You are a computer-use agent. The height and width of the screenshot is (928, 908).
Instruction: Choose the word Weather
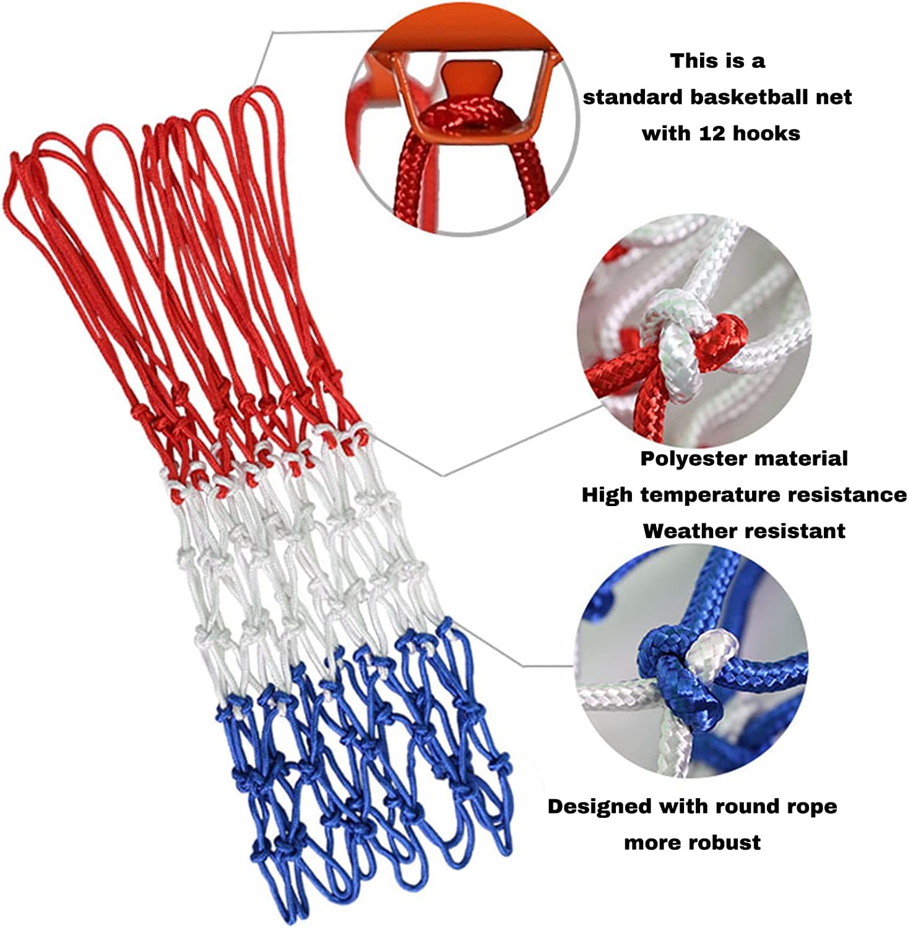[687, 531]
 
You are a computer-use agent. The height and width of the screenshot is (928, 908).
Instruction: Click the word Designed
[600, 807]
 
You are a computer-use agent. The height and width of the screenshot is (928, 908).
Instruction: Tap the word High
[607, 496]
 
